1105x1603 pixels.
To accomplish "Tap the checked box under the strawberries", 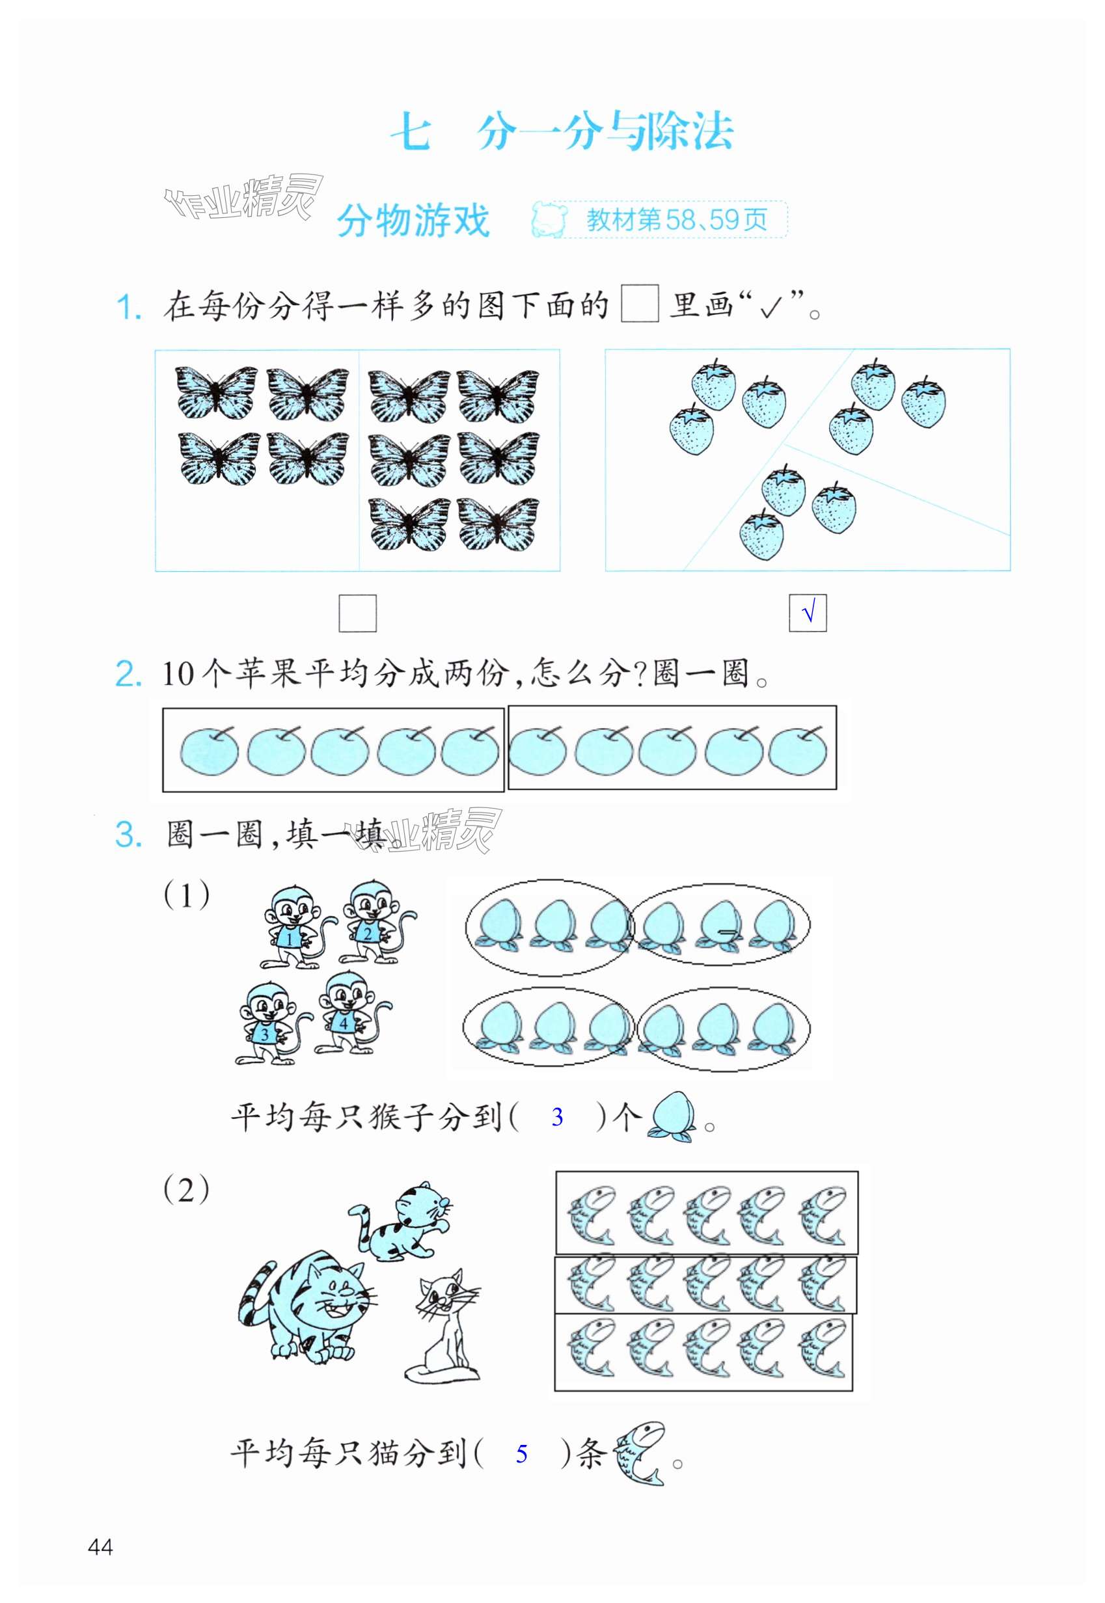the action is tap(808, 613).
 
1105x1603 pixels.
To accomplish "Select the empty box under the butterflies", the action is tap(357, 613).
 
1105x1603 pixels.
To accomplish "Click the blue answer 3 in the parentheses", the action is tap(557, 1116).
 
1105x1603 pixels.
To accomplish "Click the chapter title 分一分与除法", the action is tap(605, 131).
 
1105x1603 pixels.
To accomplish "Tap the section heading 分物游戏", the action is tap(413, 221).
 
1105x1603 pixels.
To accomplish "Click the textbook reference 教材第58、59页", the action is tap(676, 220).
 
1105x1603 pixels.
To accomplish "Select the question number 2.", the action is tap(129, 673).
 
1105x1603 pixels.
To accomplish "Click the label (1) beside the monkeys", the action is tap(186, 896).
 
